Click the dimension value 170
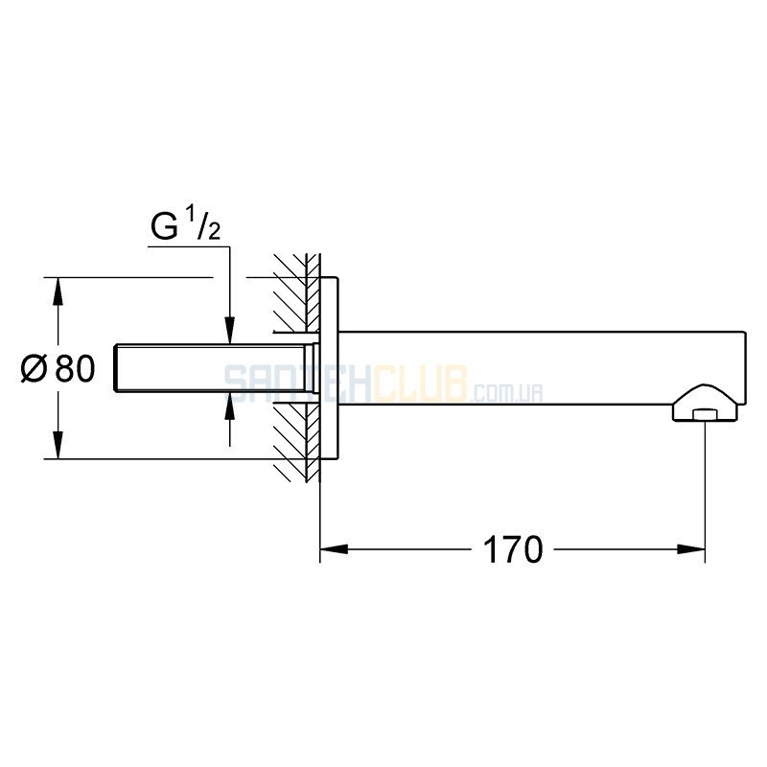tap(513, 549)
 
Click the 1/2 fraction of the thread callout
tap(204, 223)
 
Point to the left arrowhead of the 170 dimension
tap(334, 549)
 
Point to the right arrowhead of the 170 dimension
tap(691, 549)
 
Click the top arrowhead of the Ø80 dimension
tap(58, 291)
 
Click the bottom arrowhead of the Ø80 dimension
tap(58, 445)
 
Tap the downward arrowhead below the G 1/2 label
tap(230, 331)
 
